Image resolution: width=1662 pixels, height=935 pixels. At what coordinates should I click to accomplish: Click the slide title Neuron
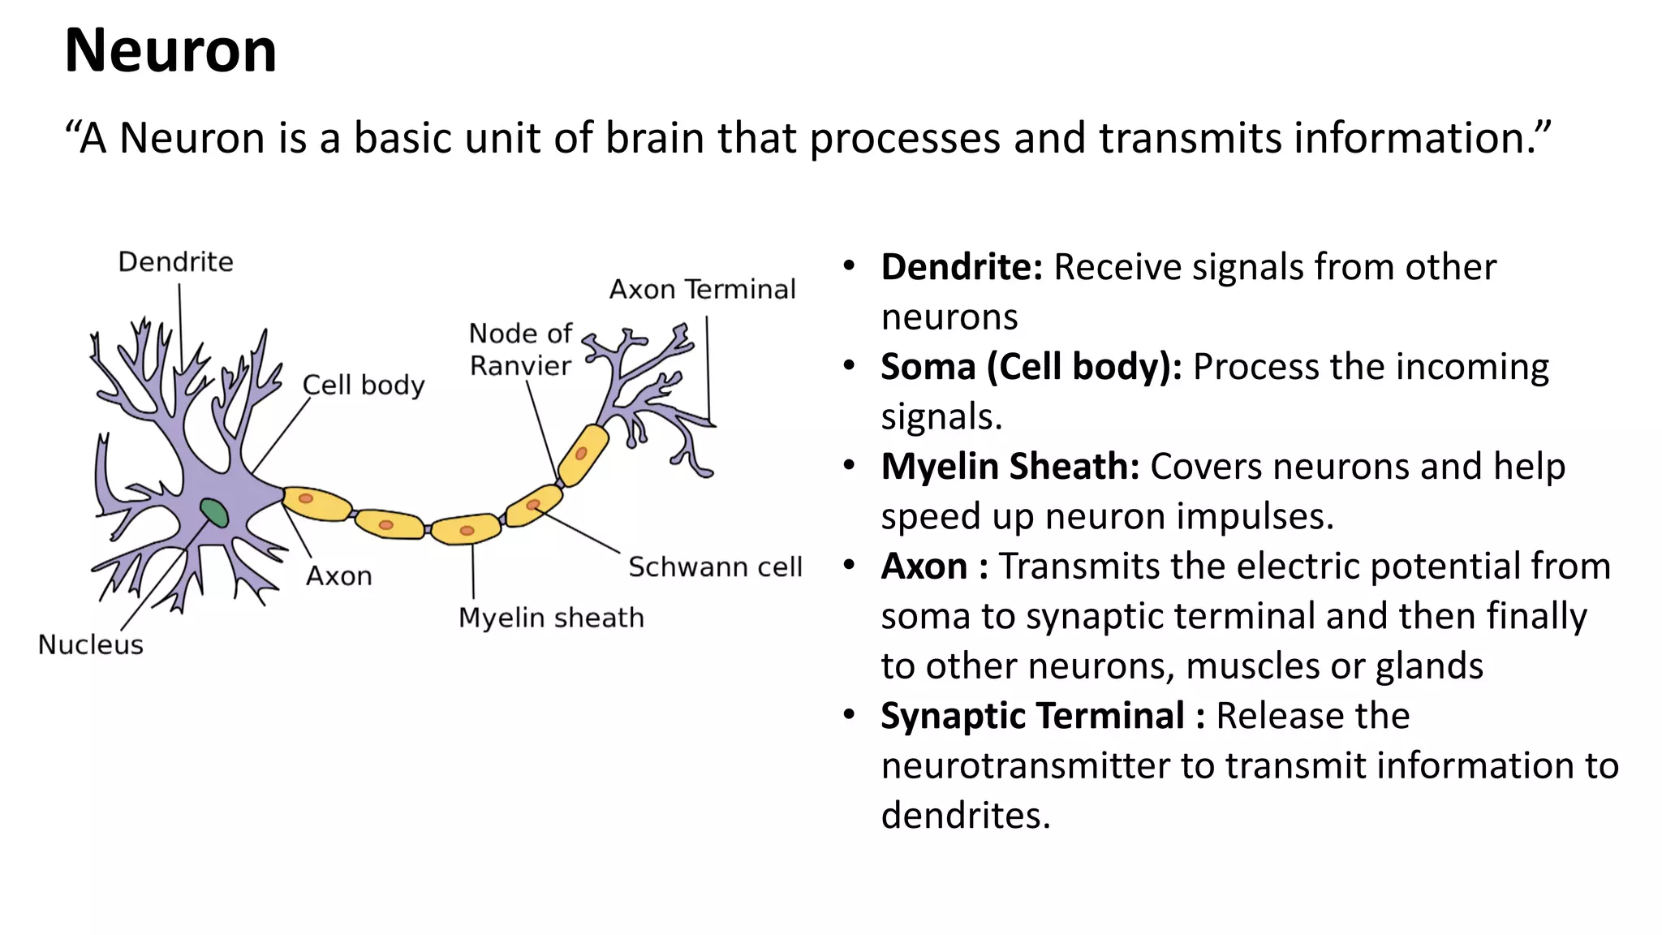click(170, 50)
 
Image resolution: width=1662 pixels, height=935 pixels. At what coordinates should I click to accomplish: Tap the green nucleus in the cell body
click(214, 513)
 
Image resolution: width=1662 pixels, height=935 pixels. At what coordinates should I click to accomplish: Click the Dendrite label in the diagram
click(175, 262)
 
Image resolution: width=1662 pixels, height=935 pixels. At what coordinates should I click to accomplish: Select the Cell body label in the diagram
click(364, 385)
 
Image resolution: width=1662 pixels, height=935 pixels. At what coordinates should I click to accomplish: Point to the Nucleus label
click(91, 644)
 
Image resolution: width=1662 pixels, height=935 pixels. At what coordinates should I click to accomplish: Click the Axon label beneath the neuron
click(338, 576)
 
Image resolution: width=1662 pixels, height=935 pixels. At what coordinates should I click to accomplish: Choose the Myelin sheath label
click(551, 618)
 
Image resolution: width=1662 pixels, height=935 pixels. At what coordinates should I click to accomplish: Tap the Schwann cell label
click(715, 567)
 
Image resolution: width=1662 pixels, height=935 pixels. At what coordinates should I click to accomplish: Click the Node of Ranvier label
click(520, 350)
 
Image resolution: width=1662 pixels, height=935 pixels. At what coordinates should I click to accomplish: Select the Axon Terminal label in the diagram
click(703, 289)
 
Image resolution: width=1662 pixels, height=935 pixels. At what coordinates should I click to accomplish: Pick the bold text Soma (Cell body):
click(1031, 367)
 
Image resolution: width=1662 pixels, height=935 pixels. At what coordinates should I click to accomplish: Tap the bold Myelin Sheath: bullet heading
click(1010, 467)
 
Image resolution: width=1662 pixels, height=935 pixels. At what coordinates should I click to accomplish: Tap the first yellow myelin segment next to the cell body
click(316, 503)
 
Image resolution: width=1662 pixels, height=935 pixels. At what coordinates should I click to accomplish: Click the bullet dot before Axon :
click(849, 564)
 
